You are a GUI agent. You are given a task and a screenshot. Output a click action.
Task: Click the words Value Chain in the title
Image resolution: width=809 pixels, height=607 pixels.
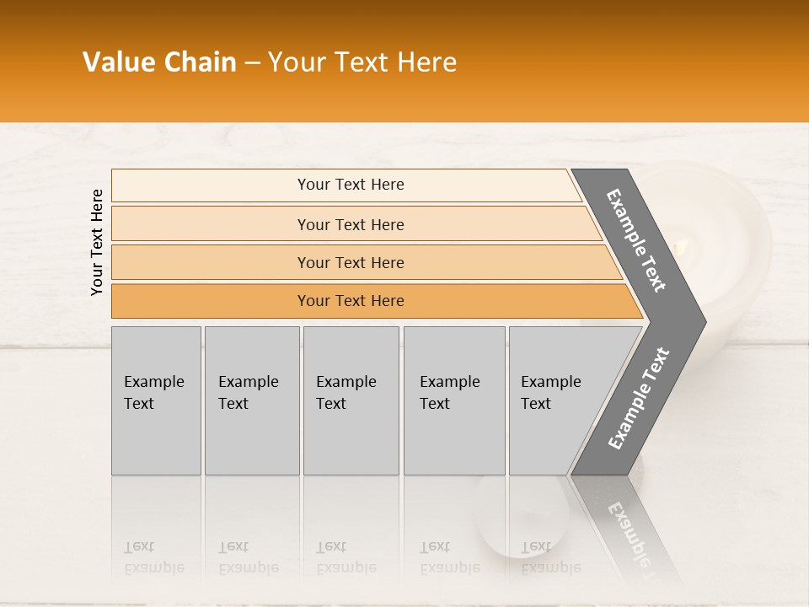(159, 62)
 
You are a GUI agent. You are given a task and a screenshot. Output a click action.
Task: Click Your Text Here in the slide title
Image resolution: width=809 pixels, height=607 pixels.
(362, 62)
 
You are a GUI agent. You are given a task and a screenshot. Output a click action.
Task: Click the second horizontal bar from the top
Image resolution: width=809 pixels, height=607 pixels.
(350, 224)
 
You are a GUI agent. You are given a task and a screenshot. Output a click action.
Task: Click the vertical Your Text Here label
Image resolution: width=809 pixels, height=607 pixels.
(97, 242)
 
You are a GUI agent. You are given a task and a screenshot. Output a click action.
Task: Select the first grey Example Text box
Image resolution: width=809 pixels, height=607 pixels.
(156, 400)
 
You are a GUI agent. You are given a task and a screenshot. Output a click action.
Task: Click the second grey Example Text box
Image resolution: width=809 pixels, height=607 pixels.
(252, 400)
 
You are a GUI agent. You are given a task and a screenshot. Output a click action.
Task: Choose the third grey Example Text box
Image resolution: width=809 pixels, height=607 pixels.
(351, 400)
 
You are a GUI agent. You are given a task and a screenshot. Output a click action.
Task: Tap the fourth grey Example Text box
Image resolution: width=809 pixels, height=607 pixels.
(454, 400)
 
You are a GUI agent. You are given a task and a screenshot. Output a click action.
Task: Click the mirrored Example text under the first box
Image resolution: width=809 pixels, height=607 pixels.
(154, 567)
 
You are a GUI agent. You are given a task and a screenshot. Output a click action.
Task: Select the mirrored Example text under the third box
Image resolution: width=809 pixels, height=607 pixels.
(346, 567)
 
